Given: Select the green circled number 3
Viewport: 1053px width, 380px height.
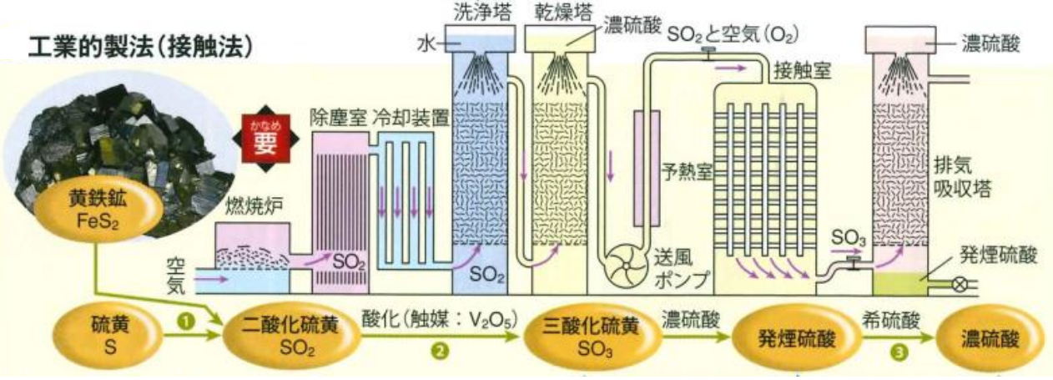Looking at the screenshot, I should click(898, 352).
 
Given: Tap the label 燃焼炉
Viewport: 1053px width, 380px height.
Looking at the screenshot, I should click(243, 207).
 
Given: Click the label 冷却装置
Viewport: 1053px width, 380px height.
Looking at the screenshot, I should click(412, 115).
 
